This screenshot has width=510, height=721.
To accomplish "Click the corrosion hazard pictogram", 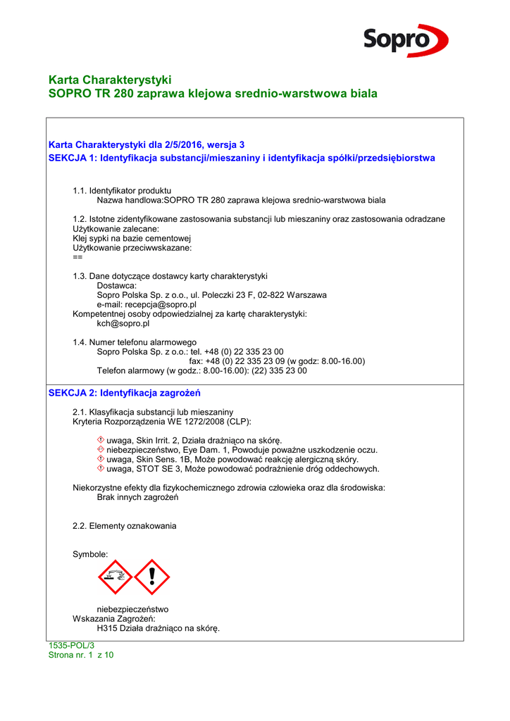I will [116, 577].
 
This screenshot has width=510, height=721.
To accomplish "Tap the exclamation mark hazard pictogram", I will [152, 577].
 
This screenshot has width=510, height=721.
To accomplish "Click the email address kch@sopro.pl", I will [123, 324].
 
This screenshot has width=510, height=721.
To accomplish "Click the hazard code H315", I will [107, 629].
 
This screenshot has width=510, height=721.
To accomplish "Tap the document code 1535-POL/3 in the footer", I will [71, 646].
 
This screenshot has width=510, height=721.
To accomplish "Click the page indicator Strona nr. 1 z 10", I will [81, 655].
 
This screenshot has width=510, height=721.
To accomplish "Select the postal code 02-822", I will [266, 295].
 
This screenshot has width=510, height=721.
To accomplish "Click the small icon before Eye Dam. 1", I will [101, 449].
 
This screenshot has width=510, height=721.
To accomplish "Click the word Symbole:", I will [90, 555].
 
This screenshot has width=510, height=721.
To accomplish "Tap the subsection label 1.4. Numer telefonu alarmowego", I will [135, 342].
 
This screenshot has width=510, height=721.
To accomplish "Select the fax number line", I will [277, 361].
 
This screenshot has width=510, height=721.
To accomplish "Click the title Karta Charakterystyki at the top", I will [110, 80].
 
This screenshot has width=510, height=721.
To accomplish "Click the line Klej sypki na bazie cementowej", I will [127, 238].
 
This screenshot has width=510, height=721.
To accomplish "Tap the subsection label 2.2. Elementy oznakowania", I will [125, 526].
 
